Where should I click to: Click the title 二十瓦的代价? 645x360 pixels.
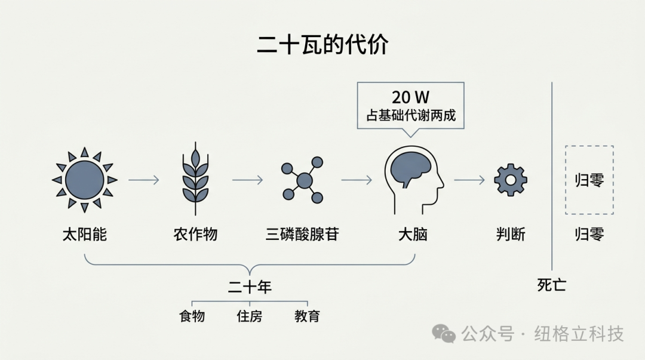322,44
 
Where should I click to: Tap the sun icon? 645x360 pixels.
85,180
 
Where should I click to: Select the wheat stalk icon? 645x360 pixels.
195,179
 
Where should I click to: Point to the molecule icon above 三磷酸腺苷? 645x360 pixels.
303,180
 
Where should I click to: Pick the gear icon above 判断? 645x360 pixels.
511,180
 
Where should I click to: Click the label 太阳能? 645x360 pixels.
85,234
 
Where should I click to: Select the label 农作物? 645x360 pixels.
195,234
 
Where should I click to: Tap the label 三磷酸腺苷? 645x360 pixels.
302,234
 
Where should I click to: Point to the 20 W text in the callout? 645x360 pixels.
410,97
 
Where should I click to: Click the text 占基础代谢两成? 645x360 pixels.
411,115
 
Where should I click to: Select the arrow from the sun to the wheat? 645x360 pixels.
143,180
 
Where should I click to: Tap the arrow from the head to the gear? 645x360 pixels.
469,180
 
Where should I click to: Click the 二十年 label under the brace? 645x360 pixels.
250,287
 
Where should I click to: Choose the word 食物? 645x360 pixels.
192,316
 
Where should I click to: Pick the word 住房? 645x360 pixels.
250,316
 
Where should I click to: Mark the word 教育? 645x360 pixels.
308,316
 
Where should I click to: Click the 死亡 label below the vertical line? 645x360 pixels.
552,285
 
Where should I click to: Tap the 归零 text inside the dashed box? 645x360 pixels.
589,180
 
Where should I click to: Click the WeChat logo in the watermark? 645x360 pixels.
443,333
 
